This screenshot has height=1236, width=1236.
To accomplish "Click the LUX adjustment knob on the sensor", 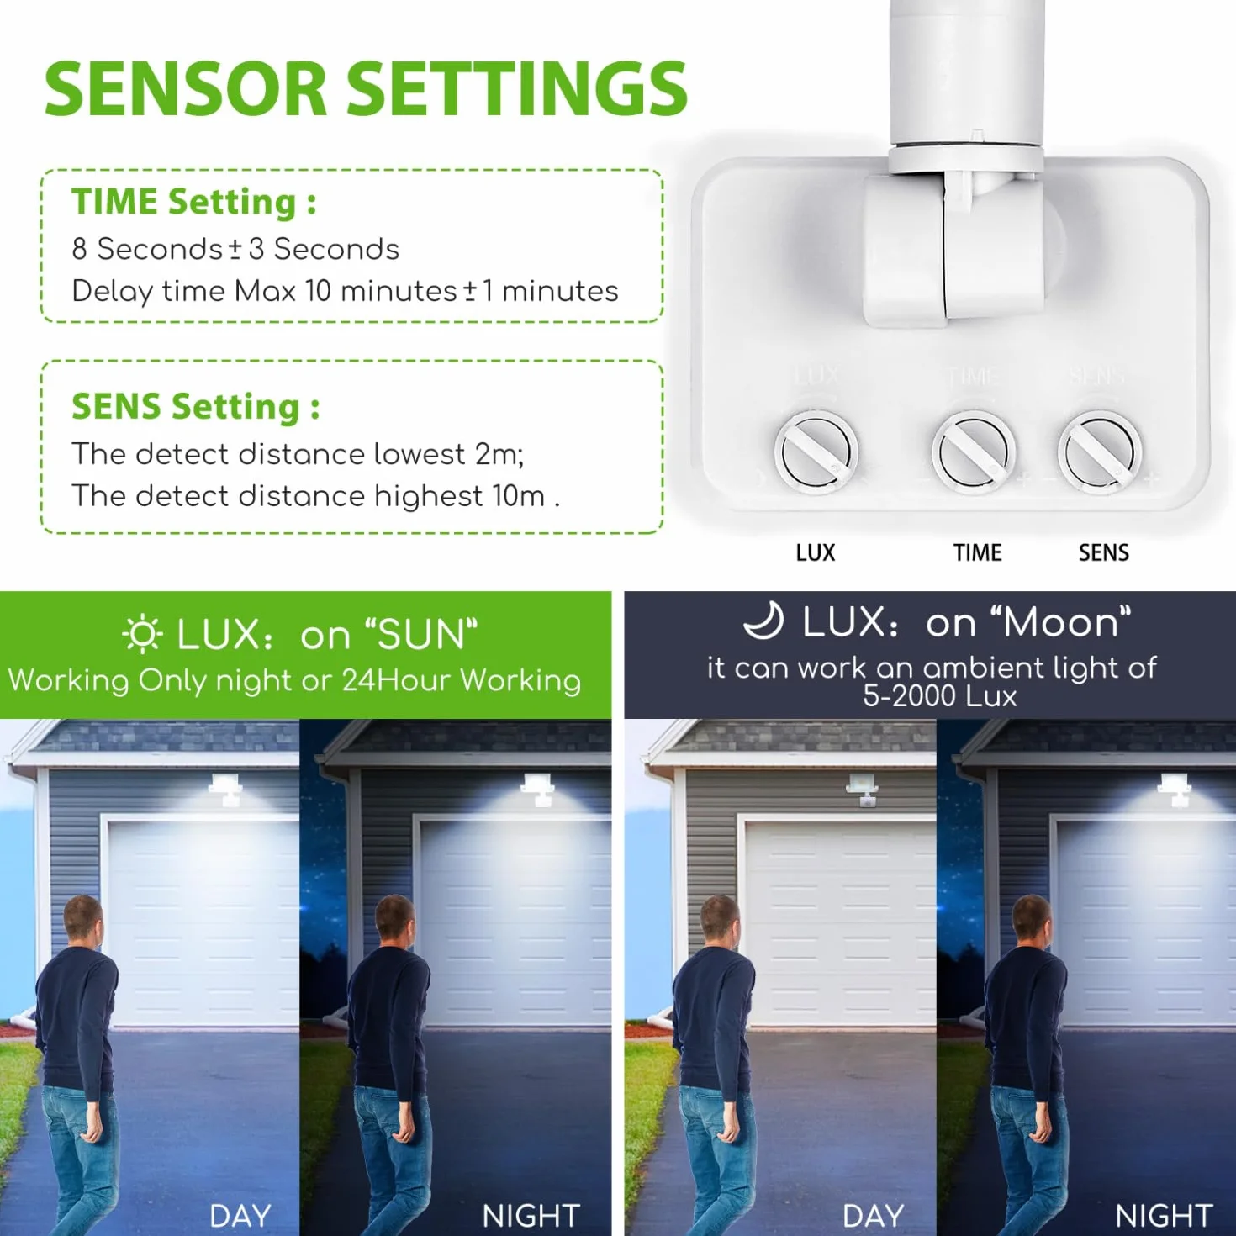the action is tap(816, 453).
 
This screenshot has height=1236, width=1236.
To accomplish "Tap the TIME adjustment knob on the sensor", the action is tap(973, 453).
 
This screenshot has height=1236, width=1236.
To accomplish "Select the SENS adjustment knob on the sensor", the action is tap(1100, 453).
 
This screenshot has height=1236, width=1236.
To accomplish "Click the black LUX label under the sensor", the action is tap(816, 553).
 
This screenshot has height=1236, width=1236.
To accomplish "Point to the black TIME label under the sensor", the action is tap(977, 553).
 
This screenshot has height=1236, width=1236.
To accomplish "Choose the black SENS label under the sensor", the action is tap(1103, 553).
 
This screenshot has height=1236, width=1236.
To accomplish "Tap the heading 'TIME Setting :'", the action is tap(193, 202).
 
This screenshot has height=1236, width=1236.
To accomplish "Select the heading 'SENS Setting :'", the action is tap(196, 407).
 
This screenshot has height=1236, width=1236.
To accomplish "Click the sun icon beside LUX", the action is tap(142, 634).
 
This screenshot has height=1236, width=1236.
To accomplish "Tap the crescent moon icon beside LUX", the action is tap(764, 621).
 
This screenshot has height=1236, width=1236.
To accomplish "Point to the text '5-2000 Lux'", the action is tap(940, 696).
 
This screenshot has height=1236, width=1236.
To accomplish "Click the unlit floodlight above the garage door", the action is tap(861, 790).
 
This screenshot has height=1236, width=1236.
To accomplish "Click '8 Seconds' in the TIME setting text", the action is tap(147, 249).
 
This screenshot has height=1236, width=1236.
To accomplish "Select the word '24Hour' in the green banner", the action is tap(396, 680).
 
